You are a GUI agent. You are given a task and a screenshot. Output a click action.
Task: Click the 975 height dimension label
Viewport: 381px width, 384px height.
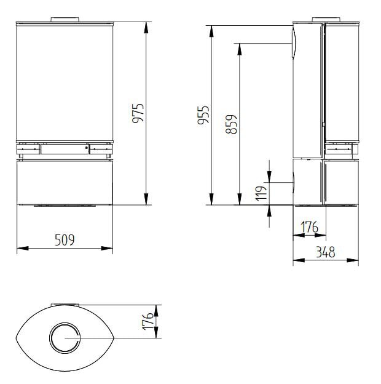coord(138,113)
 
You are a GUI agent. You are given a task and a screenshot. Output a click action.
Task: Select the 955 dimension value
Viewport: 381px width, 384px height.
coord(203,115)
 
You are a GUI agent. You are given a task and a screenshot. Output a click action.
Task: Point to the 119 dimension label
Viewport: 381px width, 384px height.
coord(261,193)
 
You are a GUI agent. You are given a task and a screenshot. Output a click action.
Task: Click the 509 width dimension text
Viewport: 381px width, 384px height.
coord(64,240)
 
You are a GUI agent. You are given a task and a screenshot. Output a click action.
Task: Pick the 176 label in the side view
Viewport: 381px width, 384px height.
coord(310,227)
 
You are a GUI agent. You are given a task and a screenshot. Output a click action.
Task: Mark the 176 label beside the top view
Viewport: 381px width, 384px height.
coord(148,321)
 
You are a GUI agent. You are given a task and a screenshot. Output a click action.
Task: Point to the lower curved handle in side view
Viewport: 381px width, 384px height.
coord(294,183)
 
